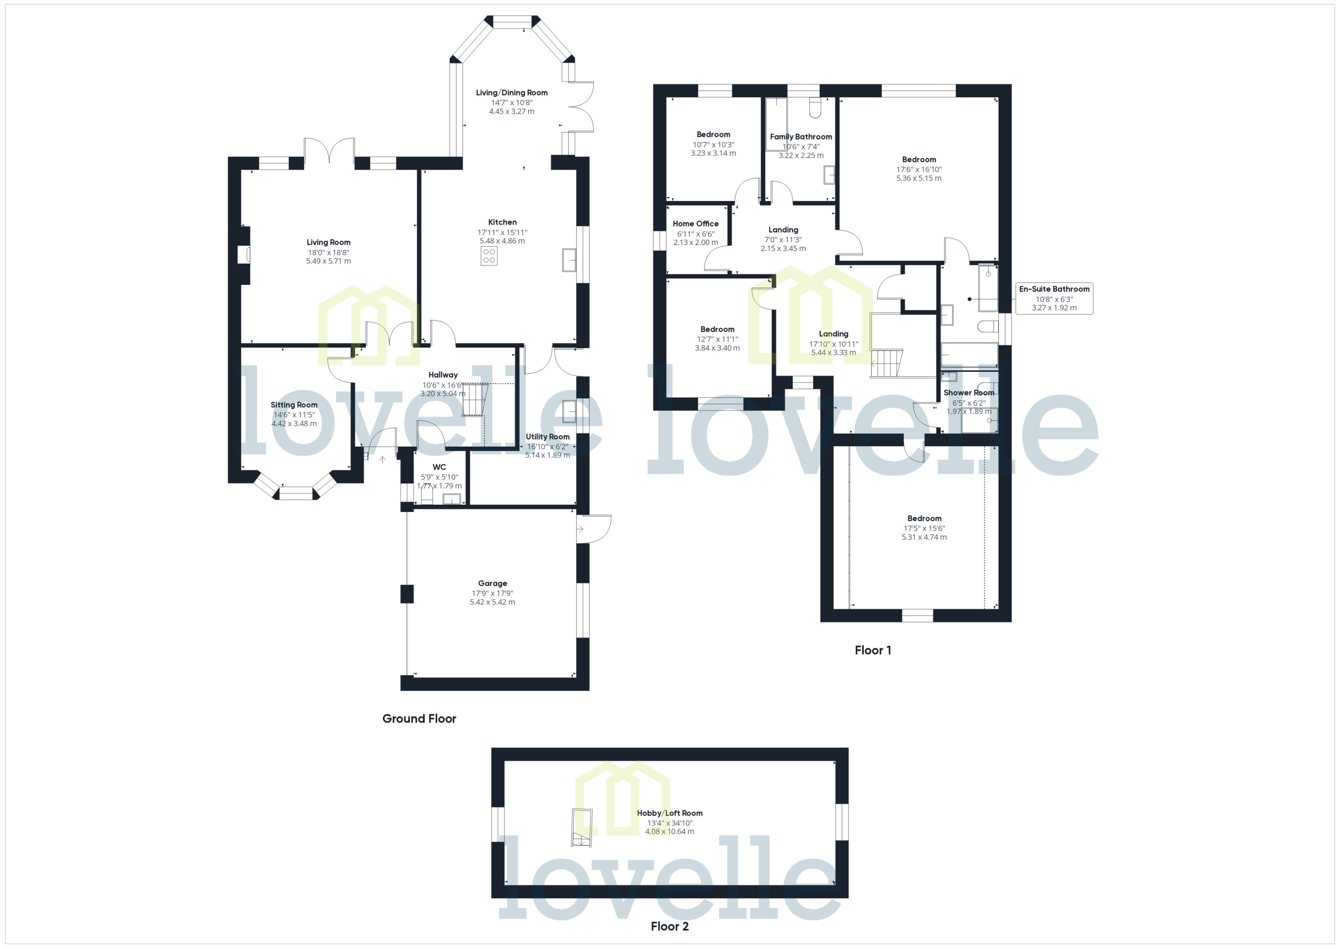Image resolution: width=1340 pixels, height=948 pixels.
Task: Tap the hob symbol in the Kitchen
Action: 489,256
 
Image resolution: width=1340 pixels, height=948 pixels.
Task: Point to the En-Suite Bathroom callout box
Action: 1054,298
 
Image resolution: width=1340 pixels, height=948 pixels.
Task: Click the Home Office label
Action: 695,224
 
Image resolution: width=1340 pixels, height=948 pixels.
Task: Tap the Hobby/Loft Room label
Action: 669,813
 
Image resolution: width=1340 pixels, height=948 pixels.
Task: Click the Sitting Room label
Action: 294,405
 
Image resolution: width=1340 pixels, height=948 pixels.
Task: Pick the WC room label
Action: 439,467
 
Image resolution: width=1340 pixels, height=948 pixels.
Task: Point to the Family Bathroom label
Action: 801,137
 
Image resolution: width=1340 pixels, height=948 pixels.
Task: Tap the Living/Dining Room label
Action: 511,92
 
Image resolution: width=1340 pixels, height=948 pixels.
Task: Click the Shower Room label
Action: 969,393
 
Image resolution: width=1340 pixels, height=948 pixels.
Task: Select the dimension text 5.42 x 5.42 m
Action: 492,602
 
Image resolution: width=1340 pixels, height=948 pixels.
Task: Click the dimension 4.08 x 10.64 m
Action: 669,831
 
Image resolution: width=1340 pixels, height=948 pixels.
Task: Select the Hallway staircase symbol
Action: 475,399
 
